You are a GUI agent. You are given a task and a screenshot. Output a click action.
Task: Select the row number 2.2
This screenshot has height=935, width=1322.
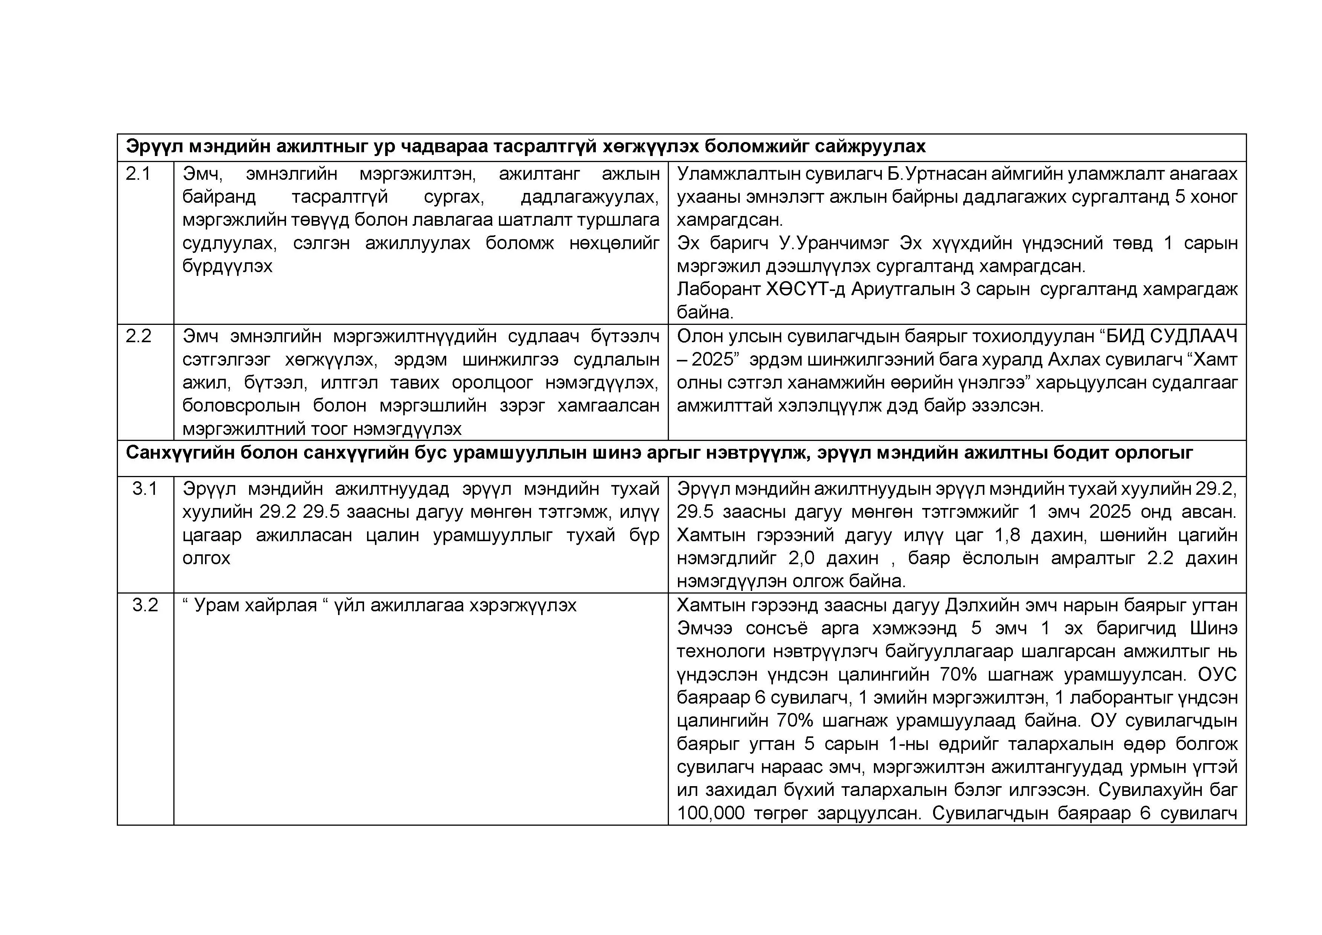coord(138,336)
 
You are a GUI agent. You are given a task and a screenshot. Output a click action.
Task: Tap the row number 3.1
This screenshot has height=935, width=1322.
coord(144,489)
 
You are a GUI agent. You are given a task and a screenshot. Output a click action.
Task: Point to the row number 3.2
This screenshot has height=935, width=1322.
coord(144,605)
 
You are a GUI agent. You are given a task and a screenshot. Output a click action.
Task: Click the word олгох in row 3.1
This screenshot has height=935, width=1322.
coord(206,559)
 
